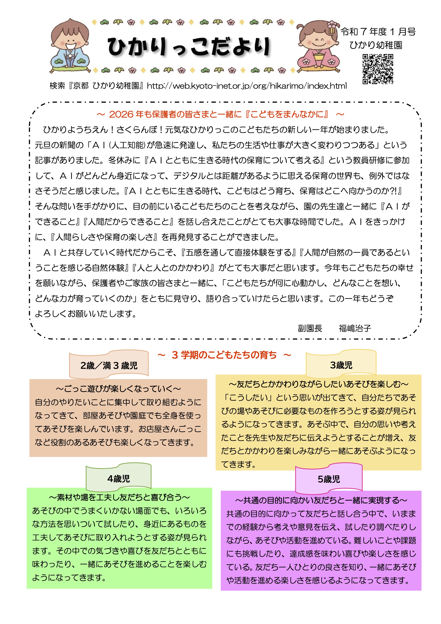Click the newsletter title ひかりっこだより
point(189,47)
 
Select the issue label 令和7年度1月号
point(378,32)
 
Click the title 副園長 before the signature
point(310,328)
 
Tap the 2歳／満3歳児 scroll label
point(109,365)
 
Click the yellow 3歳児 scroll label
point(341,365)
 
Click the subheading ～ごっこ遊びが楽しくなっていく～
point(118,389)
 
